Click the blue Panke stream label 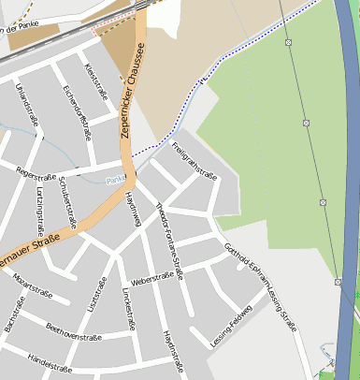(x=115, y=180)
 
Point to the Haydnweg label (x=132, y=209)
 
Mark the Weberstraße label (x=151, y=278)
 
